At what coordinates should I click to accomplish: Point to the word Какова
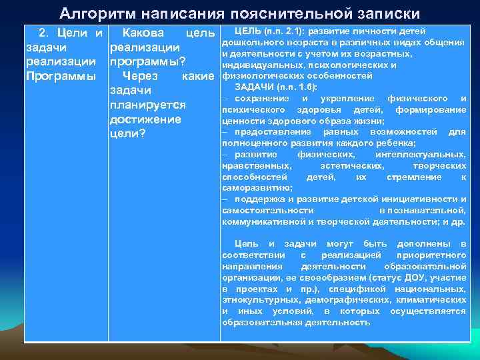coord(145,32)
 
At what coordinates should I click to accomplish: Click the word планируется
coord(148,105)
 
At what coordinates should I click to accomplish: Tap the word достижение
coord(145,120)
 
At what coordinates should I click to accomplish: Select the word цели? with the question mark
coord(127,135)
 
